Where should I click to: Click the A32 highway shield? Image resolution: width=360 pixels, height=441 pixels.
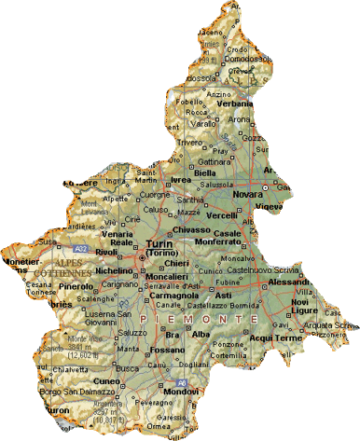tap(81, 249)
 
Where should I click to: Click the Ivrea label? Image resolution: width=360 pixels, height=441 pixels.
tap(180, 179)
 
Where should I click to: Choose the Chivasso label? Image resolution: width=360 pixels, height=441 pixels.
tap(190, 229)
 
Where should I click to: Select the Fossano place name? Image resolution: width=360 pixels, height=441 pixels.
tap(168, 350)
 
